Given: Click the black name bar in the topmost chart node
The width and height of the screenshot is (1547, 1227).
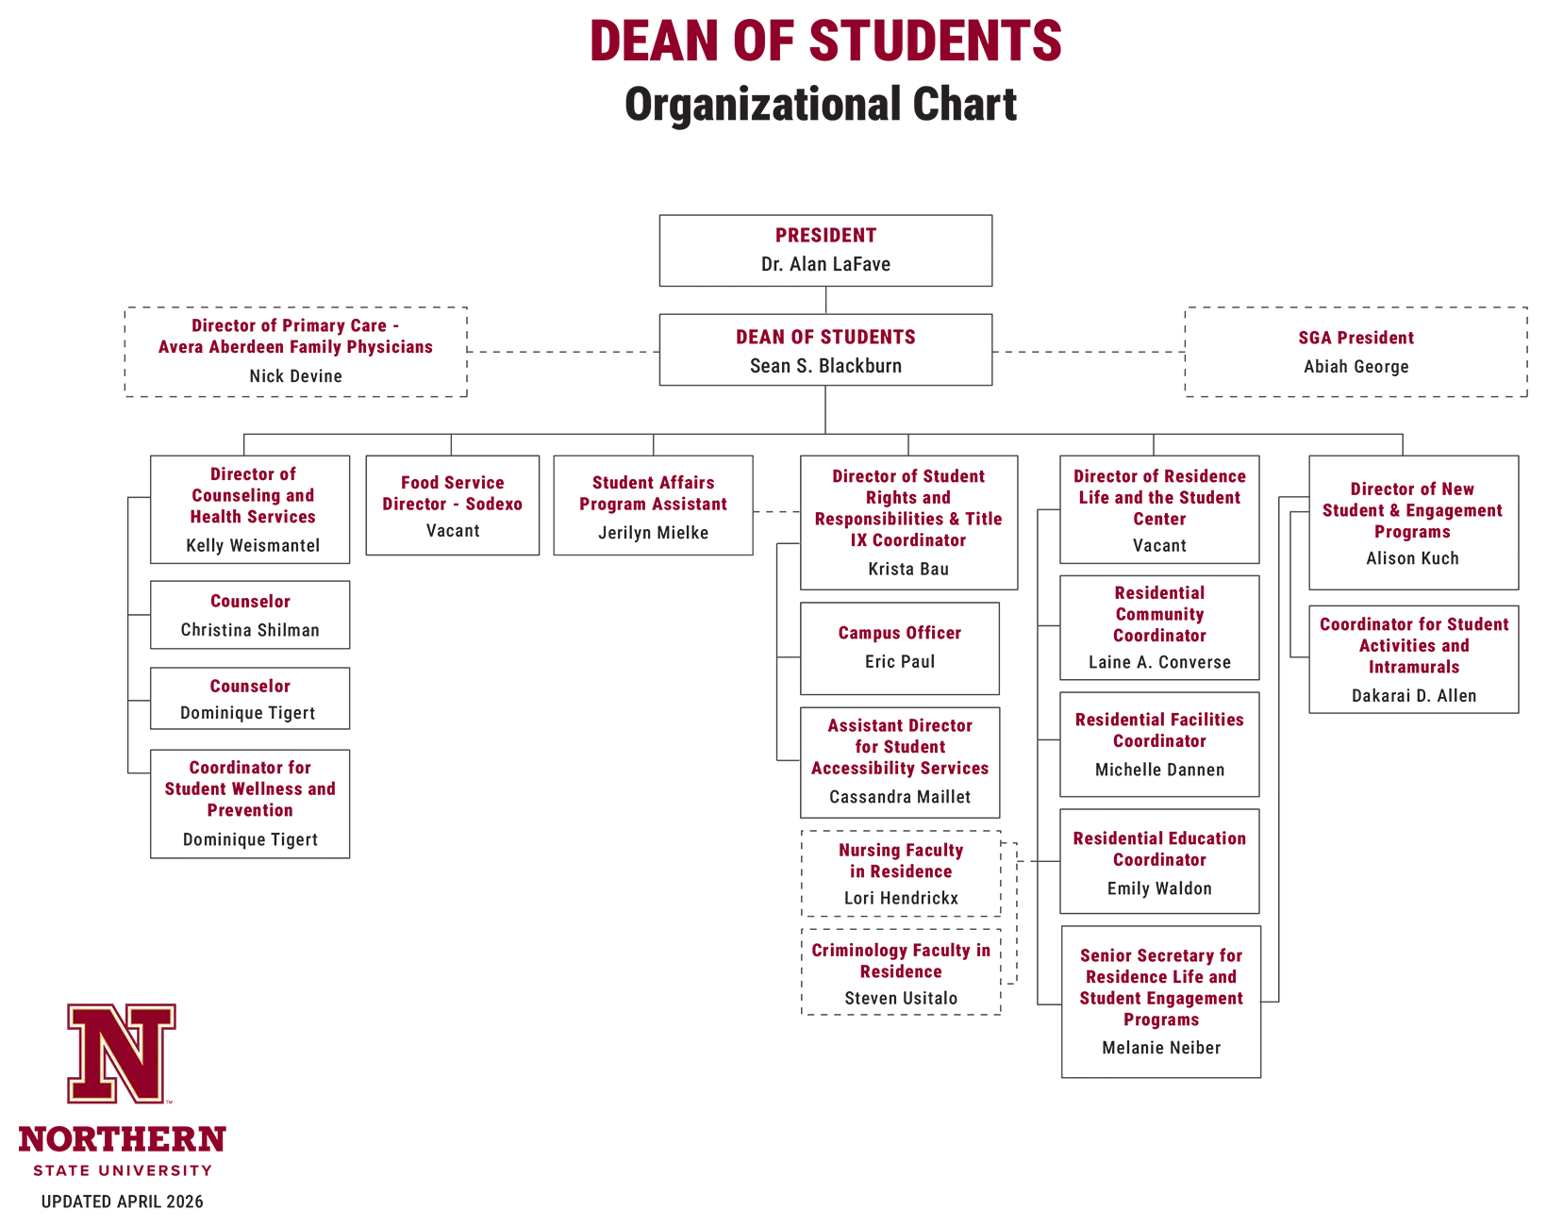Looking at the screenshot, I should pos(874,261).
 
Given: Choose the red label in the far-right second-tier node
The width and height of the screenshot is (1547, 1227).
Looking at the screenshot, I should pos(1410,337).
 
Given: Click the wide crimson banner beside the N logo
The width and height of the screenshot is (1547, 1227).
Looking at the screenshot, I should pos(613,1054).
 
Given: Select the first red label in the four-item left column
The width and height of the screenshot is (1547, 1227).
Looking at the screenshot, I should pos(268,498).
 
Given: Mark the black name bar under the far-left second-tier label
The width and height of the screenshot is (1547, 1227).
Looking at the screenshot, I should pos(354,374).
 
